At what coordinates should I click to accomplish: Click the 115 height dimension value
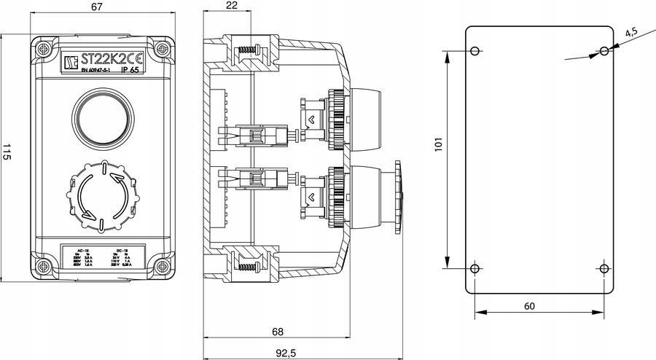point(7,153)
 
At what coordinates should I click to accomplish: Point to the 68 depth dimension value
point(277,332)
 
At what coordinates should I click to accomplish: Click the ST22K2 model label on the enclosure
point(106,60)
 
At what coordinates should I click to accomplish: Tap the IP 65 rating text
point(129,71)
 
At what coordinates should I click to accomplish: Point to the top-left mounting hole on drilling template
point(475,52)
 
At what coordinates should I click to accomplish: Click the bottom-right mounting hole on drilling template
point(604,269)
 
